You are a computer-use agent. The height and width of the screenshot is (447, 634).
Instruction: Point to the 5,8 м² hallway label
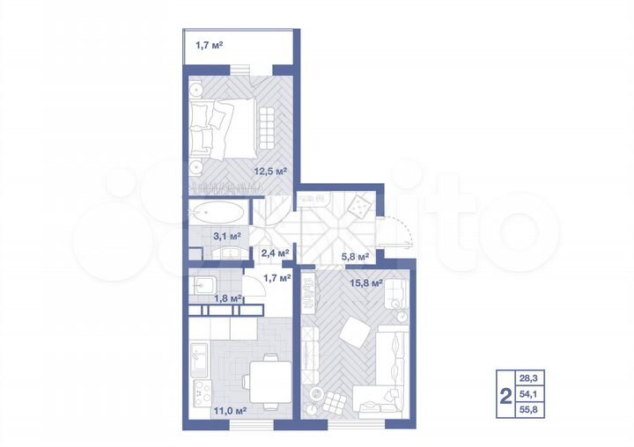355,257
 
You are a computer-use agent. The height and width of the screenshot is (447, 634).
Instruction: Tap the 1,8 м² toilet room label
227,298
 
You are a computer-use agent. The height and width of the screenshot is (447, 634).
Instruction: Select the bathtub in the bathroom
217,212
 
